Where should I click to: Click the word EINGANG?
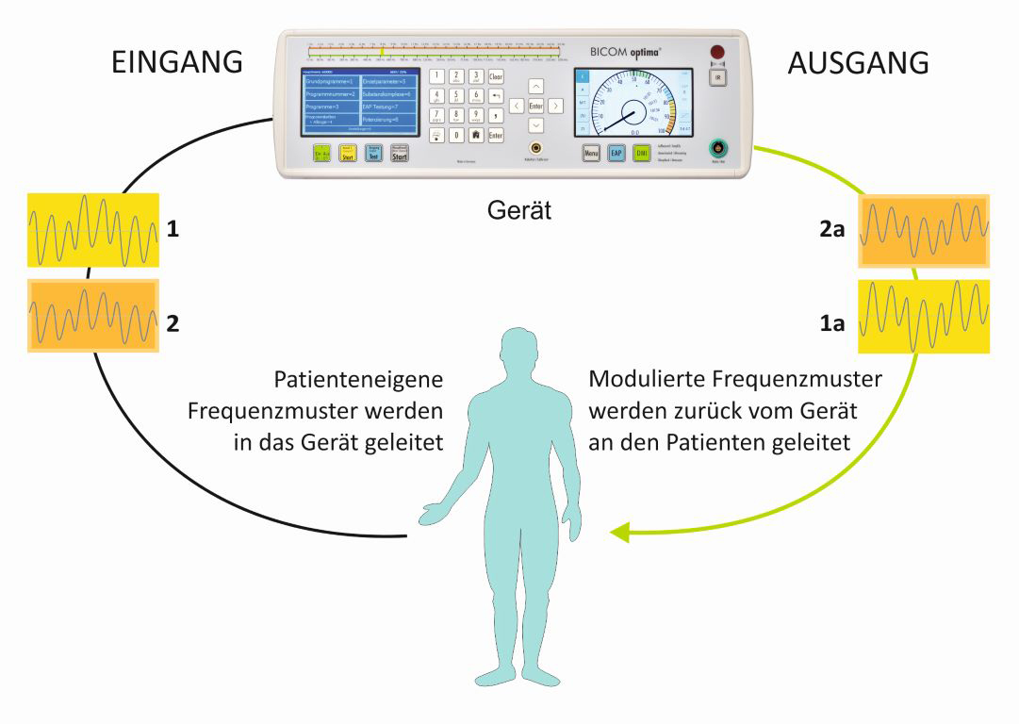coord(177,62)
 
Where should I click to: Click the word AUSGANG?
coord(858,62)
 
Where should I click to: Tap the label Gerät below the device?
coord(519,211)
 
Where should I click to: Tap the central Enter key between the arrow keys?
coord(535,106)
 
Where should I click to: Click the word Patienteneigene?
coord(358,380)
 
